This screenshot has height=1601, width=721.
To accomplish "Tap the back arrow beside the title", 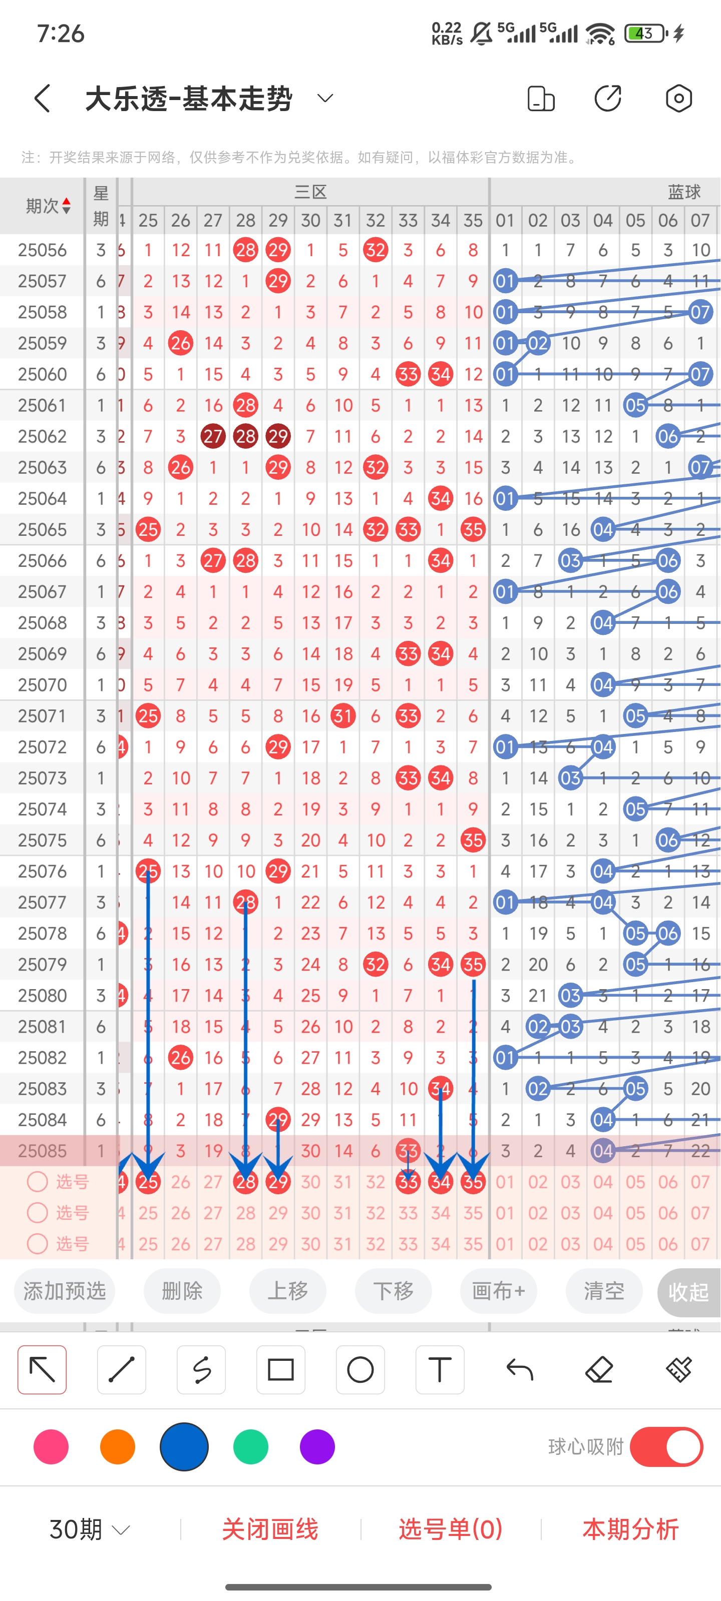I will coord(42,98).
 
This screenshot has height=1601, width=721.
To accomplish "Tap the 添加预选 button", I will coord(65,1291).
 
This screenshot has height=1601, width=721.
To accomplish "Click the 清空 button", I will coord(603,1291).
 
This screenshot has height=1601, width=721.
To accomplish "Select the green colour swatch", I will coord(251,1447).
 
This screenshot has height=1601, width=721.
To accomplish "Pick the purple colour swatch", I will coord(317,1447).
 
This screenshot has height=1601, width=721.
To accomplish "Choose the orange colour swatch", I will coord(118,1447).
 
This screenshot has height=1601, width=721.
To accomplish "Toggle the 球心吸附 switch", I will coord(666,1447).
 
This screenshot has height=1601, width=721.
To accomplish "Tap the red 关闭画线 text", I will coord(270,1529).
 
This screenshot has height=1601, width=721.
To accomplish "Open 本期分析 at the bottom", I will coord(630,1529).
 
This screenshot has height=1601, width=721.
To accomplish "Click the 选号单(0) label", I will coord(451,1529).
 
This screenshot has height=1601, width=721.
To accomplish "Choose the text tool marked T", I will coord(440,1370).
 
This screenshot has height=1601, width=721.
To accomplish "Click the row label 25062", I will coord(42,436).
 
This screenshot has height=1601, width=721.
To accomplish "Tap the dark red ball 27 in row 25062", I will coord(213,436).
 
